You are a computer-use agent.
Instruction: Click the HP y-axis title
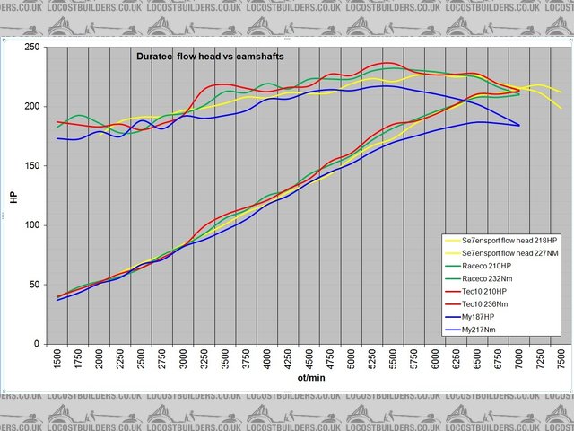point(13,196)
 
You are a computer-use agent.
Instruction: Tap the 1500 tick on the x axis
point(58,362)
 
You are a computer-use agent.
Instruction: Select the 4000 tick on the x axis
point(267,362)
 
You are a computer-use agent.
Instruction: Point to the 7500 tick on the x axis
point(560,362)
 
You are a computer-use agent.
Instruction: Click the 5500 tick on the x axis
point(393,362)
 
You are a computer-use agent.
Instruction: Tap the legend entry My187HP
point(489,317)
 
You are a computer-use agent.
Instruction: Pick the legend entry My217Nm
point(490,330)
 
